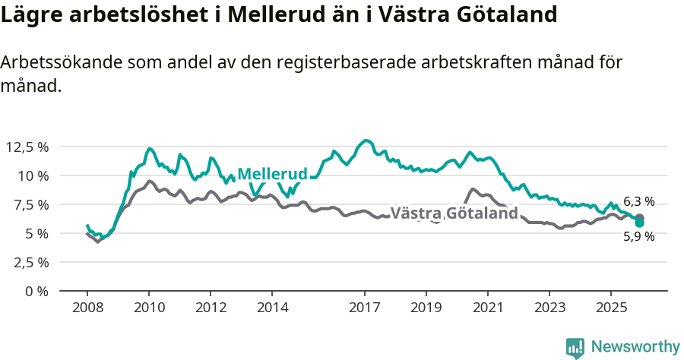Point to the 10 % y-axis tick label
pyautogui.click(x=33, y=175)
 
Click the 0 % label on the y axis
pyautogui.click(x=37, y=291)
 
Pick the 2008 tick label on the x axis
pyautogui.click(x=87, y=308)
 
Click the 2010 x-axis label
pyautogui.click(x=149, y=308)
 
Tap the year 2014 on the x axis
pyautogui.click(x=272, y=308)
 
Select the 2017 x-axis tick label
pyautogui.click(x=364, y=308)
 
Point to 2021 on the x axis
pyautogui.click(x=487, y=308)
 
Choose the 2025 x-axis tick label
pyautogui.click(x=610, y=308)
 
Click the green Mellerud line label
pyautogui.click(x=272, y=174)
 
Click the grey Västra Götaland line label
pyautogui.click(x=454, y=213)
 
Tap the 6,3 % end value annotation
pyautogui.click(x=638, y=201)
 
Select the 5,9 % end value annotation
pyautogui.click(x=638, y=236)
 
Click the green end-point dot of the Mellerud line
pyautogui.click(x=639, y=223)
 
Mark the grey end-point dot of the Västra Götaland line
pyautogui.click(x=639, y=218)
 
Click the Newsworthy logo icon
pyautogui.click(x=575, y=348)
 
